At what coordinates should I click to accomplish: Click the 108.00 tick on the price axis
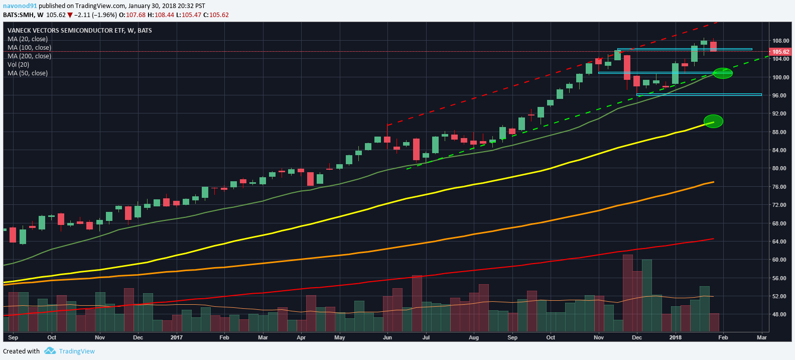[x=780, y=41]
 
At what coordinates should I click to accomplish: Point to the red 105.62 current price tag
[x=780, y=52]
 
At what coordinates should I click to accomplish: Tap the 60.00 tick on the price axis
[x=779, y=260]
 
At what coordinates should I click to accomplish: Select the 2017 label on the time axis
[x=176, y=337]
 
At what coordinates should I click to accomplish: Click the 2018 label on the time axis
[x=675, y=337]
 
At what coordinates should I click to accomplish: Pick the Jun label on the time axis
[x=387, y=337]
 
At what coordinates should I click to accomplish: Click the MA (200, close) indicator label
[x=29, y=56]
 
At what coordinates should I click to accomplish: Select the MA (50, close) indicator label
[x=28, y=73]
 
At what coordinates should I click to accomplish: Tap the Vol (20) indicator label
[x=18, y=64]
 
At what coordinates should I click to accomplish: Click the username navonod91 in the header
[x=20, y=6]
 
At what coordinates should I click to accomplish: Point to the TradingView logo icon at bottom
[x=50, y=351]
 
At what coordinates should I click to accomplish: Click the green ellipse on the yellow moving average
[x=713, y=121]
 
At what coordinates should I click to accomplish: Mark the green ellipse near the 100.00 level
[x=723, y=73]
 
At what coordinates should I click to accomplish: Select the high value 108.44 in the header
[x=164, y=15]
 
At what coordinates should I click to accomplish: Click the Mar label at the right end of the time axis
[x=761, y=337]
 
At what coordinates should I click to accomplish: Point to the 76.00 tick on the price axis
[x=779, y=187]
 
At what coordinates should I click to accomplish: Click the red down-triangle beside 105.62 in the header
[x=70, y=15]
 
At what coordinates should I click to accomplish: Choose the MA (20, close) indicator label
[x=28, y=39]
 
